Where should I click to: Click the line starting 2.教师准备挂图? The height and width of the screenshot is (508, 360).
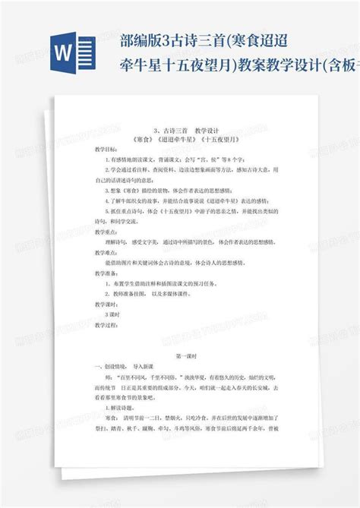tap(160, 292)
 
